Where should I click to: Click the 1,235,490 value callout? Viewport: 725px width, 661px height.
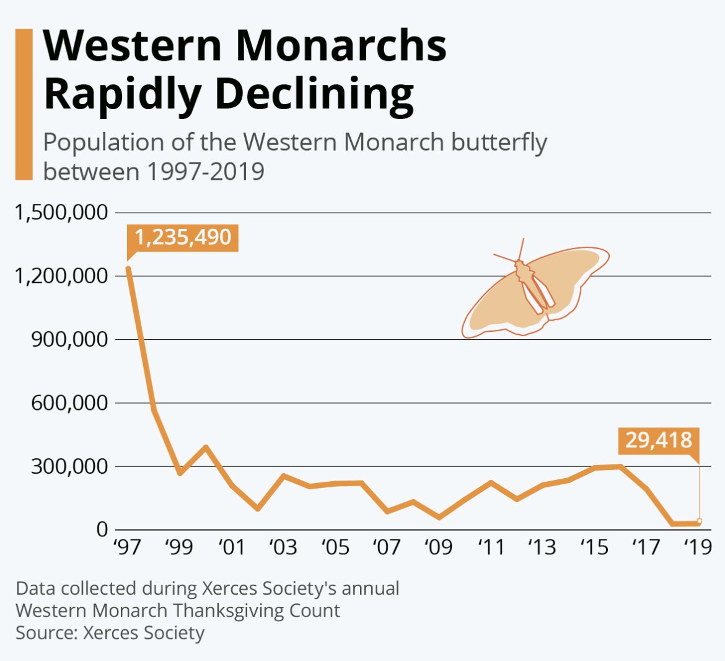coord(183,237)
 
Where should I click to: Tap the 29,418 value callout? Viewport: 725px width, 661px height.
coord(658,440)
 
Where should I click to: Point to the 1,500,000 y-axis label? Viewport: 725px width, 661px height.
coord(61,213)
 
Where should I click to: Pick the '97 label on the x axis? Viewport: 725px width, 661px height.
coord(127,547)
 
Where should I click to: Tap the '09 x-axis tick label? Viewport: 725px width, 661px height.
coord(439,547)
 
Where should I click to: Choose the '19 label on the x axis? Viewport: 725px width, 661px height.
coord(698,547)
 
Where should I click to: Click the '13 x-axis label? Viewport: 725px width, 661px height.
coord(542,547)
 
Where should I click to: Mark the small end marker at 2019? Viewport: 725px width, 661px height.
coord(699,521)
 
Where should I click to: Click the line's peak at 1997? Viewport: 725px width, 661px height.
coord(128,268)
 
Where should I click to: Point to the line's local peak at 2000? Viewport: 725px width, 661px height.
coord(206,446)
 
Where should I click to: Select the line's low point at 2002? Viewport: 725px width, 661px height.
coord(257,509)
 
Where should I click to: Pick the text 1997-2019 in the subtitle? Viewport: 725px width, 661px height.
coord(205,171)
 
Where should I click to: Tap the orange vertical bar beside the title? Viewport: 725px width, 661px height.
coord(24,104)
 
